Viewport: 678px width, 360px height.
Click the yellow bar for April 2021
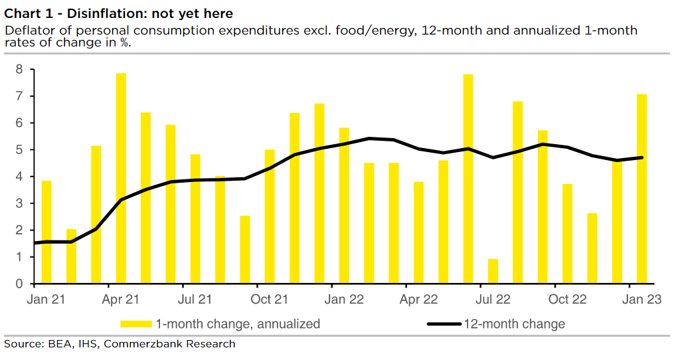(x=121, y=178)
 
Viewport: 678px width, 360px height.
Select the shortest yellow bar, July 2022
(x=493, y=271)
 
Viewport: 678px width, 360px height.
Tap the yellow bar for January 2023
(x=642, y=189)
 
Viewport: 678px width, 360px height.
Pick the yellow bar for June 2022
(x=468, y=179)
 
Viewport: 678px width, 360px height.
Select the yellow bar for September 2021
(x=245, y=250)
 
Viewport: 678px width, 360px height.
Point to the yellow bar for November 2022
(x=592, y=248)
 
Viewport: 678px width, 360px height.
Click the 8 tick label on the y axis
(x=19, y=69)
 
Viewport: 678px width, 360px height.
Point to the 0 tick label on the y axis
(x=19, y=284)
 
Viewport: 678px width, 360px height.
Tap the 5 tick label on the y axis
(x=19, y=149)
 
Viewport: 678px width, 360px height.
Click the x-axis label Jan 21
(x=46, y=300)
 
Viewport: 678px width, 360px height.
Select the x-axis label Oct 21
(x=270, y=300)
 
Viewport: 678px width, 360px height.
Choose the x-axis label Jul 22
(x=493, y=300)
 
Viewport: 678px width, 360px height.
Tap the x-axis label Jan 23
(x=641, y=300)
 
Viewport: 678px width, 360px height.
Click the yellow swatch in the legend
(x=136, y=324)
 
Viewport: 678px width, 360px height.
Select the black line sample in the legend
(x=444, y=324)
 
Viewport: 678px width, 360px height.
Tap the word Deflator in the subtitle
(x=27, y=31)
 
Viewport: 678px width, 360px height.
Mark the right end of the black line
(x=642, y=157)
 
